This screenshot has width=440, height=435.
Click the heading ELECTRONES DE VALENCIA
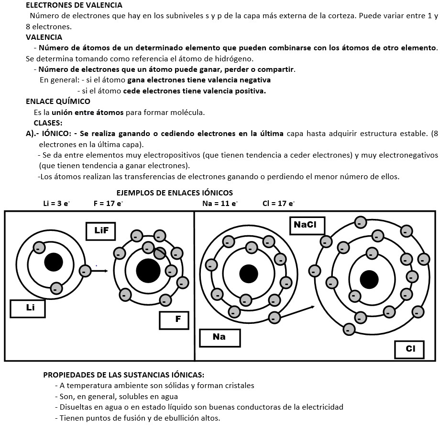[x=74, y=6]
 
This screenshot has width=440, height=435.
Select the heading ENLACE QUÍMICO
[x=58, y=102]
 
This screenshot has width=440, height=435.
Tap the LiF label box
[x=101, y=230]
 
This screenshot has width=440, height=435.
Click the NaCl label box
[x=307, y=225]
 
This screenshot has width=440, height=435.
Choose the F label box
[x=175, y=320]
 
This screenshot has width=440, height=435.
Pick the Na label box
[x=220, y=337]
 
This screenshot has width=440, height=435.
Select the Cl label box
[x=409, y=349]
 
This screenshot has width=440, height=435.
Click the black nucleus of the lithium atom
[x=54, y=263]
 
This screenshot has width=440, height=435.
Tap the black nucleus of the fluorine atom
[x=148, y=271]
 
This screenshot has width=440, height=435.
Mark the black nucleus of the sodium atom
[x=248, y=274]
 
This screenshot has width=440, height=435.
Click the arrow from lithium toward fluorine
[x=99, y=271]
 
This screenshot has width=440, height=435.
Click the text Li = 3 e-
[x=56, y=203]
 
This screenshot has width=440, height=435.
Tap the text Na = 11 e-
[x=220, y=203]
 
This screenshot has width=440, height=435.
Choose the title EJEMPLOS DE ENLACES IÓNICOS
[x=175, y=193]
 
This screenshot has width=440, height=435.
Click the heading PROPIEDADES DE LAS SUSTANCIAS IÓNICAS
[x=124, y=375]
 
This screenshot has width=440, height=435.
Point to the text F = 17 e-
[x=108, y=203]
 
